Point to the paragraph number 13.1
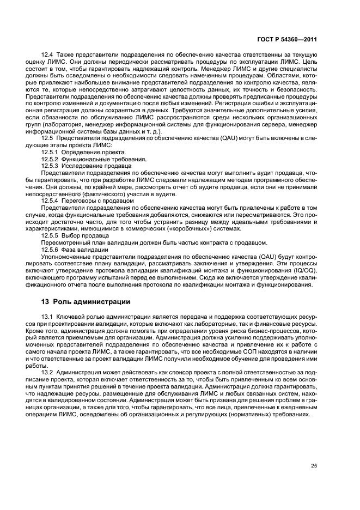tap(49, 317)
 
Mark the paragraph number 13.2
tap(49, 372)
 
